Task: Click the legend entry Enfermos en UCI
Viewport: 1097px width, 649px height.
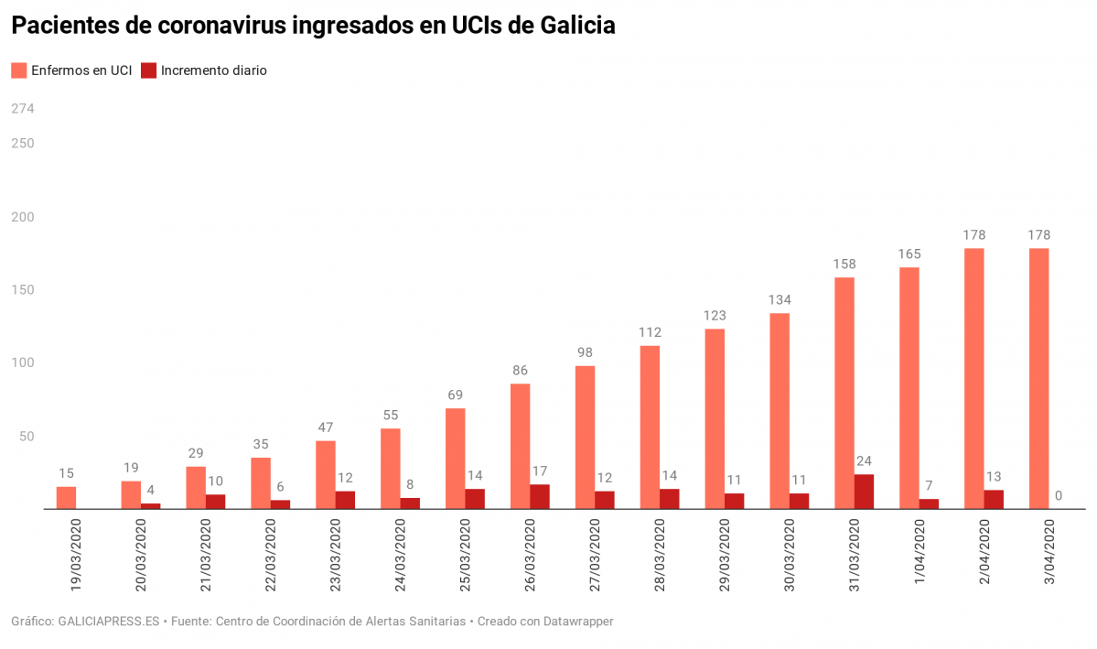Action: coord(72,70)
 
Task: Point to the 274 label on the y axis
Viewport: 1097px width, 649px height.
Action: coord(22,109)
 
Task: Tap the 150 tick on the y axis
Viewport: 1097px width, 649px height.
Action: coord(22,290)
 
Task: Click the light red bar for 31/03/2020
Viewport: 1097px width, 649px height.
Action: coord(844,393)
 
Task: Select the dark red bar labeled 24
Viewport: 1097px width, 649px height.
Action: coord(864,492)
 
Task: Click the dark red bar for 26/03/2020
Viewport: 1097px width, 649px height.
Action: coord(540,496)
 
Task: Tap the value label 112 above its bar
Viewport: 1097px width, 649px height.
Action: coord(650,332)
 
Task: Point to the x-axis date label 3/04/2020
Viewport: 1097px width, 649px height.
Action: coord(1049,554)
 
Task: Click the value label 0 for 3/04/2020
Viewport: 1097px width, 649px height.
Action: coord(1058,496)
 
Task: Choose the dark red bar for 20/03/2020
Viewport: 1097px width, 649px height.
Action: coord(151,505)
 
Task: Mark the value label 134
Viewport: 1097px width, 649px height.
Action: coord(780,300)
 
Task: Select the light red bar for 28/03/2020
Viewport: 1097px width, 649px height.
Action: coord(650,427)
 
